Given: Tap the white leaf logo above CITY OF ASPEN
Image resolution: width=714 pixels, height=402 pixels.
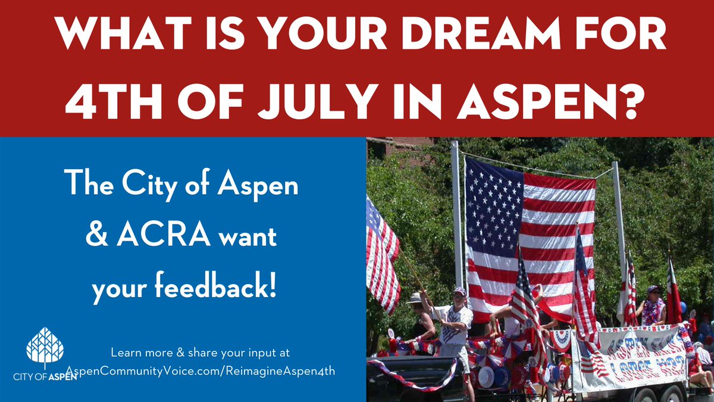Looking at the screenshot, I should (x=45, y=348).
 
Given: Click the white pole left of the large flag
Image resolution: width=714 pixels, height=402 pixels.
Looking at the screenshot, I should (x=457, y=214).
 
